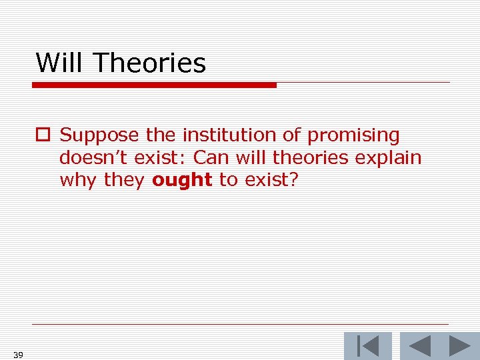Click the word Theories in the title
point(150,63)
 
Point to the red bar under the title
point(154,85)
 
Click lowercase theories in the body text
point(312,158)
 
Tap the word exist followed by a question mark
point(271,181)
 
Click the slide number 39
point(18,355)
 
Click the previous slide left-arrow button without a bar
point(419,346)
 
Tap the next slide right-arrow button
point(459,346)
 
